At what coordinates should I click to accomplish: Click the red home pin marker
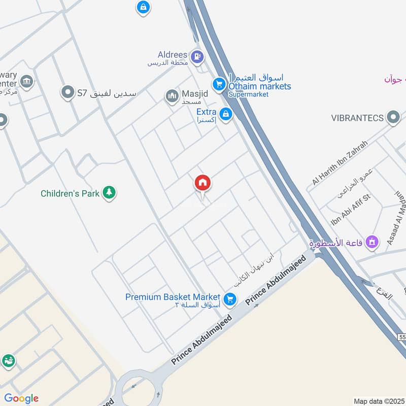pyautogui.click(x=202, y=183)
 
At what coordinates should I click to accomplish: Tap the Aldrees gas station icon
pyautogui.click(x=196, y=55)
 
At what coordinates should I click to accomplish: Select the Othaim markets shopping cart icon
pyautogui.click(x=219, y=84)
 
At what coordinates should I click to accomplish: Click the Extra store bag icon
pyautogui.click(x=226, y=114)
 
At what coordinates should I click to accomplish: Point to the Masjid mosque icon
pyautogui.click(x=172, y=95)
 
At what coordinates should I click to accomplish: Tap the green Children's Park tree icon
pyautogui.click(x=108, y=192)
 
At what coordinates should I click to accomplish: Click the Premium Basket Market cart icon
pyautogui.click(x=230, y=299)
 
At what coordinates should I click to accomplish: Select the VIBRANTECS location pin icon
pyautogui.click(x=393, y=118)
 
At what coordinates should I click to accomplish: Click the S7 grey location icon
pyautogui.click(x=67, y=92)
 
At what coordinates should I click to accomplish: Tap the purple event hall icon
pyautogui.click(x=371, y=242)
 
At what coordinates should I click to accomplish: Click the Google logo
pyautogui.click(x=21, y=398)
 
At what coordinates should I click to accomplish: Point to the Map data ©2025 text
pyautogui.click(x=378, y=401)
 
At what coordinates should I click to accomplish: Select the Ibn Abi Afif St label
pyautogui.click(x=350, y=209)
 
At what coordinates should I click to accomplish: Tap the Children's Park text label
pyautogui.click(x=70, y=193)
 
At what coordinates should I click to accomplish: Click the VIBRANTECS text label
pyautogui.click(x=357, y=118)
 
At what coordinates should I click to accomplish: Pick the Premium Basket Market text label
pyautogui.click(x=173, y=297)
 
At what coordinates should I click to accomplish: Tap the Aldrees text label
pyautogui.click(x=173, y=54)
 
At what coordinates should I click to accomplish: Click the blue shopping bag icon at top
pyautogui.click(x=143, y=7)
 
